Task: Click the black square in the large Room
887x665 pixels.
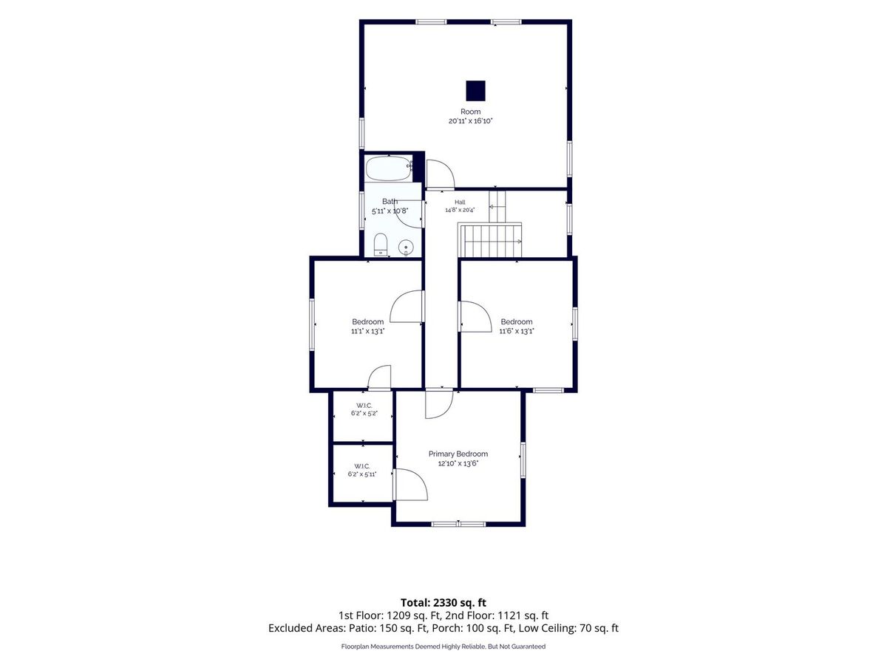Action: coord(475,91)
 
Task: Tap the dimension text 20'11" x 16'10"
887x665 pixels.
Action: coord(471,121)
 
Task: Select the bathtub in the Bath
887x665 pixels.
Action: coord(388,168)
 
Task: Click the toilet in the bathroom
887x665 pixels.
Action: coord(380,245)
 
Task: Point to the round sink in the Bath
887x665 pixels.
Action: coord(406,247)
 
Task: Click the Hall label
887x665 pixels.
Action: coord(460,202)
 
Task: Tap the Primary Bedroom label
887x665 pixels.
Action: coord(458,454)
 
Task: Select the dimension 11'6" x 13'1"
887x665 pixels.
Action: coord(517,332)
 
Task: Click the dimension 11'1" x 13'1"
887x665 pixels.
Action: coord(367,332)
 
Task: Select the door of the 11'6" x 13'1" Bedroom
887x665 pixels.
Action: coord(475,317)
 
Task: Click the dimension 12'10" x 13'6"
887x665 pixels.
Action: coord(458,463)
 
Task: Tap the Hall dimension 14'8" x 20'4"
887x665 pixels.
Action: coord(460,210)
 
